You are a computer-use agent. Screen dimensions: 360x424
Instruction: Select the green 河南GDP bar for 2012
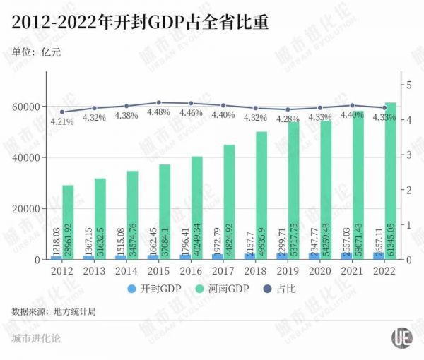coord(68,222)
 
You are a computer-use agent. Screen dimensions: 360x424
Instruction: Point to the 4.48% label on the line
coord(158,112)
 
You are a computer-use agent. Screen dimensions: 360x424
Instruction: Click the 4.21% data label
coord(61,121)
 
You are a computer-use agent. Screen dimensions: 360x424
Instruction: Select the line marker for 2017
coord(223,105)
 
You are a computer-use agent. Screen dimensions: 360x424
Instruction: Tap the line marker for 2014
coord(126,106)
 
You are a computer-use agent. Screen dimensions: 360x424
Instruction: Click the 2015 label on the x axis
coord(158,270)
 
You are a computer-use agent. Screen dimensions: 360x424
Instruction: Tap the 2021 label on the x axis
coord(351,270)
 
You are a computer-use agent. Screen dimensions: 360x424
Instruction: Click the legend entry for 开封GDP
coord(158,288)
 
